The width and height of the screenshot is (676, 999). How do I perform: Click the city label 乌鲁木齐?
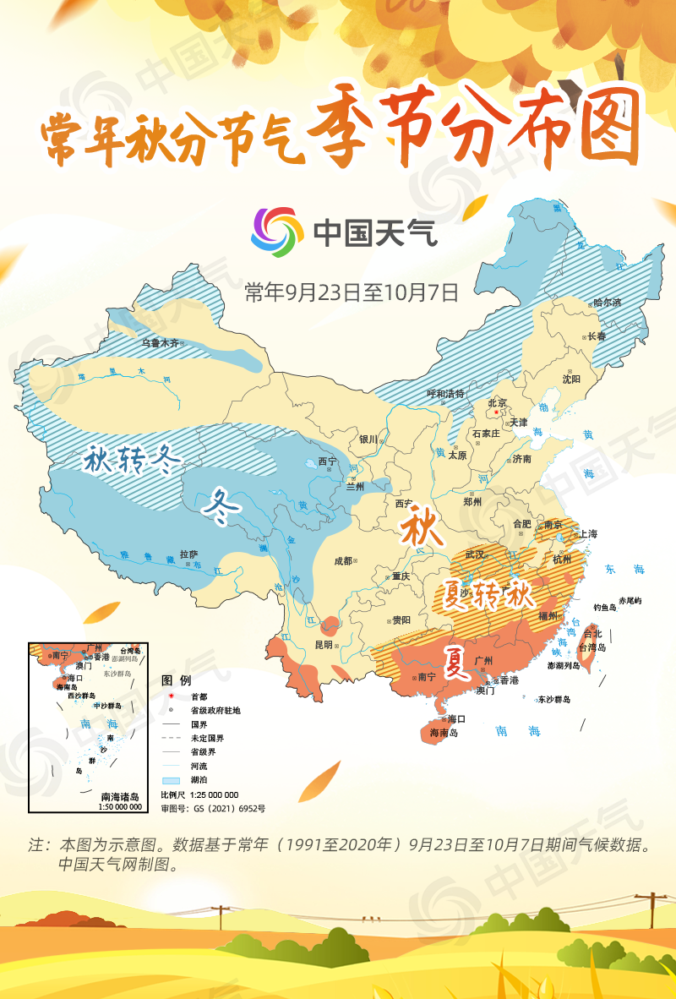tap(160, 343)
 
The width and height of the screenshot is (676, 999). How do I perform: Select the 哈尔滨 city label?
tap(606, 302)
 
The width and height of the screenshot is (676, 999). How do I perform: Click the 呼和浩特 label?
tap(446, 394)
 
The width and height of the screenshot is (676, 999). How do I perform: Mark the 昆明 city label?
tap(324, 644)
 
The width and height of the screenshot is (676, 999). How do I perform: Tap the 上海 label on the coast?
tap(588, 534)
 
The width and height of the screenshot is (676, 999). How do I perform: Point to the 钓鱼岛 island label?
tap(604, 607)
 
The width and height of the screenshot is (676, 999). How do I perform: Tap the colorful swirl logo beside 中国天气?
tap(276, 231)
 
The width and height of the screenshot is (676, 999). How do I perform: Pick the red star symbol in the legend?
tap(172, 696)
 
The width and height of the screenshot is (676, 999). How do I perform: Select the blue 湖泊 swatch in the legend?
tap(172, 778)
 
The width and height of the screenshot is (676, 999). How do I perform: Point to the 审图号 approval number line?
tap(213, 809)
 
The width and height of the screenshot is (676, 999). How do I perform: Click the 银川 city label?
tap(368, 439)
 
